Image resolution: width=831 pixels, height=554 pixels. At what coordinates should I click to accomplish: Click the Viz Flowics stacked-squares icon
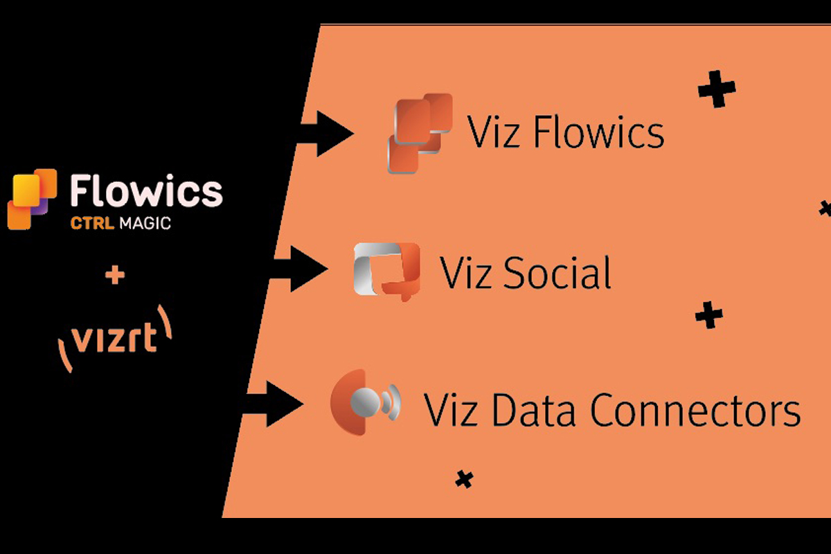(420, 133)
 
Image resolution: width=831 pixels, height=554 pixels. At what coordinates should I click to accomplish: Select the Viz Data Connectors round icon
(366, 404)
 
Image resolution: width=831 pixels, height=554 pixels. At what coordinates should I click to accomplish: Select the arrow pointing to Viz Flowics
(325, 134)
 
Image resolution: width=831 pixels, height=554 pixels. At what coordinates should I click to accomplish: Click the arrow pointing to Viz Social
(302, 267)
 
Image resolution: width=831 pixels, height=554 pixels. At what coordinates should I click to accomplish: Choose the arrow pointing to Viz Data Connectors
(274, 404)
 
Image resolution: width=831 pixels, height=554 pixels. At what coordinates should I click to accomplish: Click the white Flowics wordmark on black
(146, 192)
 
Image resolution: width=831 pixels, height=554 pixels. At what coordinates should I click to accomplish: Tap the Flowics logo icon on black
(31, 198)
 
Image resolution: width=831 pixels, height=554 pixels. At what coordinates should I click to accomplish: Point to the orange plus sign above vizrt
(116, 276)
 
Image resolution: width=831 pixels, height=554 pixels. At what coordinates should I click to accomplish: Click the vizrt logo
(115, 339)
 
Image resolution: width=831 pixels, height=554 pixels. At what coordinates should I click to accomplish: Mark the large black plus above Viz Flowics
(716, 90)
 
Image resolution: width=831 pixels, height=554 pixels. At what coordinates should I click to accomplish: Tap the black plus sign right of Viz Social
(708, 316)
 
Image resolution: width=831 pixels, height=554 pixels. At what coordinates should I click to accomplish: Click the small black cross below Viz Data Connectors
(464, 479)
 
